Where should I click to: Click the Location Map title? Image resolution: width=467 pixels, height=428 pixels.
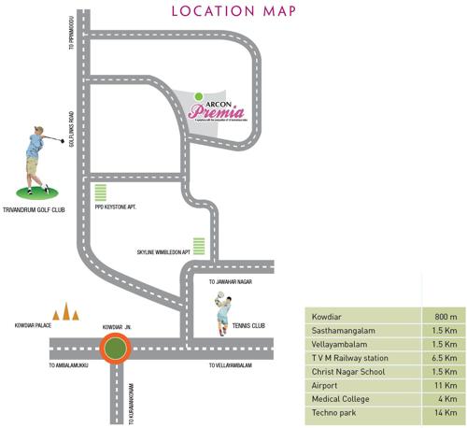(x=233, y=11)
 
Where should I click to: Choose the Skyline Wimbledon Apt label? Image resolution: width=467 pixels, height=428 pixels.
(x=163, y=252)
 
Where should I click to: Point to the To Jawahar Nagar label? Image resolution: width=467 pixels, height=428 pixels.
(x=233, y=280)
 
